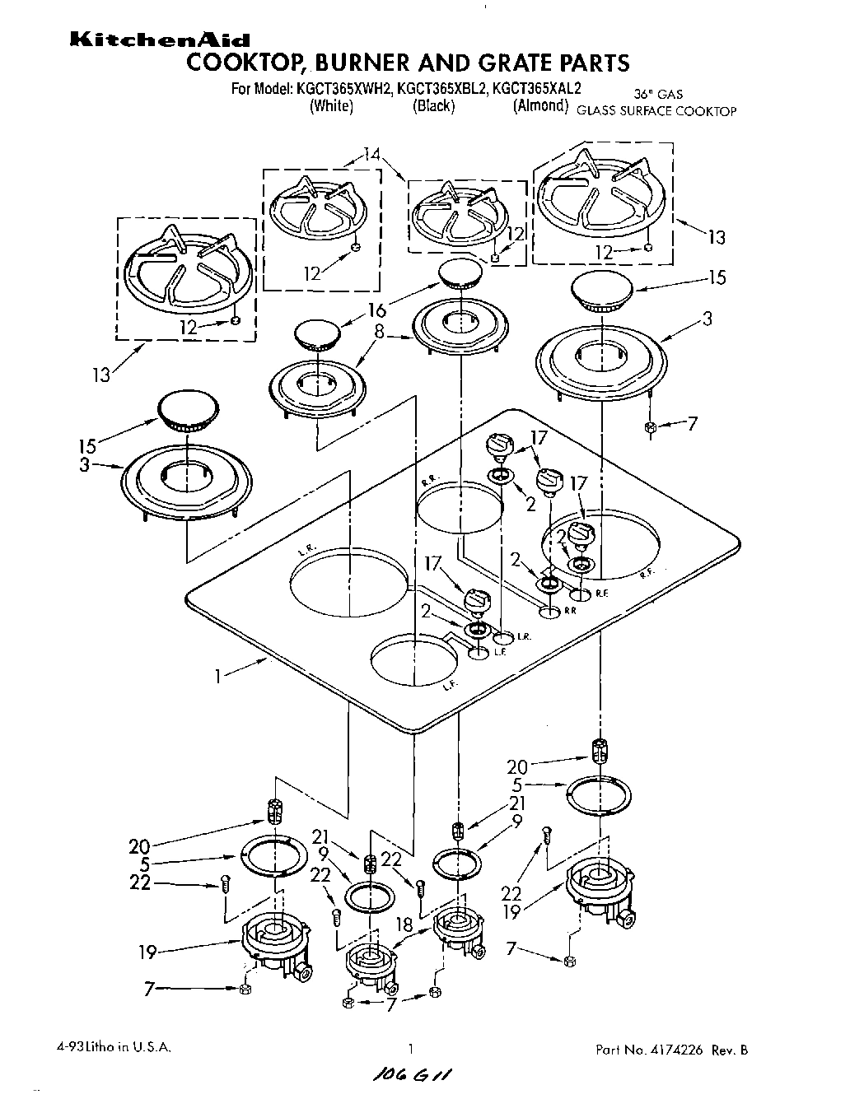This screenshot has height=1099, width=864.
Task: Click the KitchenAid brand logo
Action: (x=159, y=40)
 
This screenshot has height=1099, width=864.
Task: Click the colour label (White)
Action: (x=331, y=106)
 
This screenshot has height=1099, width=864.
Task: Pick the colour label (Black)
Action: (x=433, y=106)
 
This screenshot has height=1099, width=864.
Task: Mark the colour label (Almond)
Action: (x=540, y=106)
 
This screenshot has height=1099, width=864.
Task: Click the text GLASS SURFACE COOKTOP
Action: (x=656, y=111)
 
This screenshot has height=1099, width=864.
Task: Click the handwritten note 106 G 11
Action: (x=411, y=1076)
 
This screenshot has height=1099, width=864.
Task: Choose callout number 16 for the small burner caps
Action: (x=378, y=310)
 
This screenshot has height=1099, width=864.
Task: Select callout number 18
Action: (x=404, y=925)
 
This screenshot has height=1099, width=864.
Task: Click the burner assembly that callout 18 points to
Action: (x=455, y=934)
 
